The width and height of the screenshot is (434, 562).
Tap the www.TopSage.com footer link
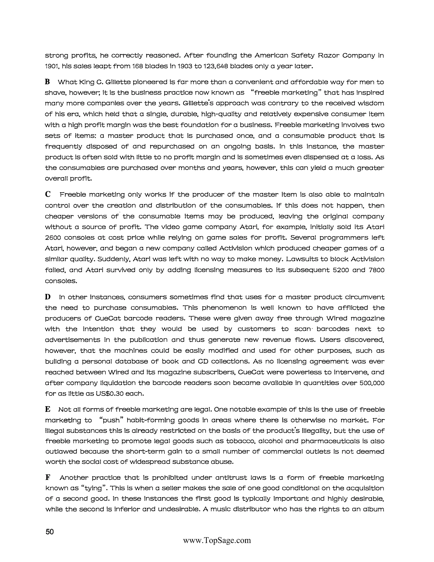(x=217, y=540)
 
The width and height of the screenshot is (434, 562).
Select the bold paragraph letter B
(x=47, y=82)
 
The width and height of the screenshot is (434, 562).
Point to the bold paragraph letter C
(x=47, y=194)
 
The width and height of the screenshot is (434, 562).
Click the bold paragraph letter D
(x=47, y=297)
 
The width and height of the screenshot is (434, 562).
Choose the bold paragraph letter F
(x=47, y=478)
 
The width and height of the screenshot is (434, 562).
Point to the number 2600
(x=52, y=238)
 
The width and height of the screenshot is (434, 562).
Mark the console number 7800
(x=375, y=270)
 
